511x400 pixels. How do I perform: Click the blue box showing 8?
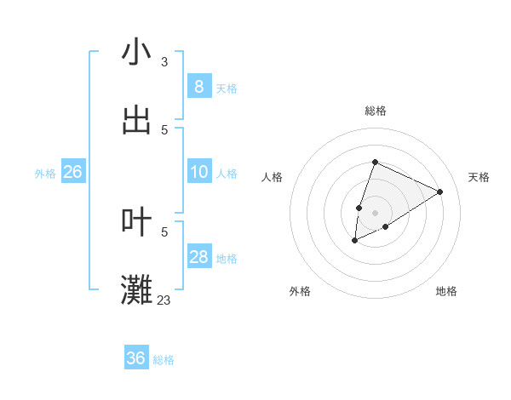click(198, 86)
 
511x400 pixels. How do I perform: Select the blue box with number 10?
click(198, 172)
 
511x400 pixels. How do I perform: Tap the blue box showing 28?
click(198, 257)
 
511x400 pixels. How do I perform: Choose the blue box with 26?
click(72, 172)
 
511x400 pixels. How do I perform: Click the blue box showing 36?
click(135, 358)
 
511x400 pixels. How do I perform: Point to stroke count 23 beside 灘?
click(164, 300)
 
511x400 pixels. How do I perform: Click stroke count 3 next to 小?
click(164, 62)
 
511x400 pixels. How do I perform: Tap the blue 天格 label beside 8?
click(227, 88)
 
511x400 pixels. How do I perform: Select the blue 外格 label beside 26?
click(45, 174)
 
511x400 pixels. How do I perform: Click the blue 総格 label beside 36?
click(164, 360)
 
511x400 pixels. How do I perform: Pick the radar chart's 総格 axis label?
click(376, 111)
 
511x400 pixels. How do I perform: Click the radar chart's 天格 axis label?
click(479, 177)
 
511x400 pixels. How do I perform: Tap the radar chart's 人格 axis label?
click(272, 177)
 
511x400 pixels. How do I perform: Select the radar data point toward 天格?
click(439, 191)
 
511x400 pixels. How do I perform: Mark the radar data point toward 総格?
click(375, 162)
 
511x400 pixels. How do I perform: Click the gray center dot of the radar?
click(375, 212)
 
